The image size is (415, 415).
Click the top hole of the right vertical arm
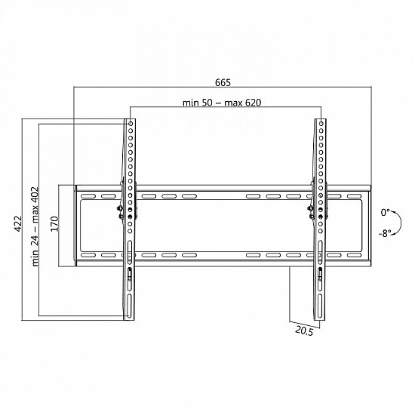(321, 124)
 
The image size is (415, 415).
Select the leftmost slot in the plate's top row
(87, 196)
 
